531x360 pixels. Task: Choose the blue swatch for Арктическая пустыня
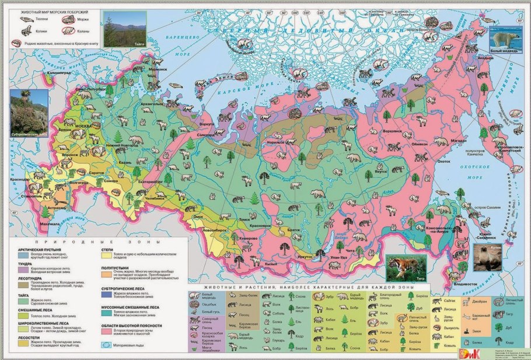point(20,254)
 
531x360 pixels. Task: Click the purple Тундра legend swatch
point(20,267)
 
